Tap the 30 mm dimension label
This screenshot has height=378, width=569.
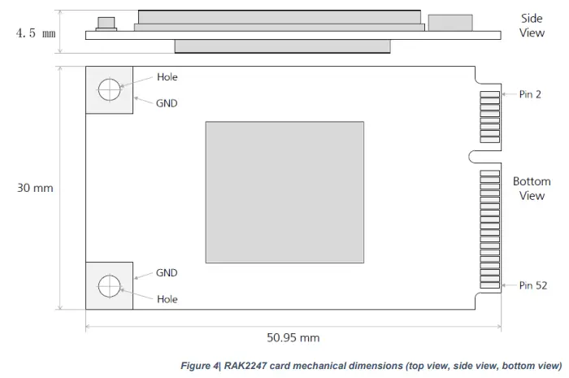coord(35,188)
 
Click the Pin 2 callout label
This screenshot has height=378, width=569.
coord(530,94)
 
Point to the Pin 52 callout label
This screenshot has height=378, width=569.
coord(532,285)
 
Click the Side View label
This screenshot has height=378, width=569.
coord(532,25)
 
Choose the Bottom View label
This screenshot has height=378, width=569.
coord(532,188)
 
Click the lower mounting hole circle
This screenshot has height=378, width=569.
coord(109,286)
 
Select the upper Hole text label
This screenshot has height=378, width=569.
coord(167,77)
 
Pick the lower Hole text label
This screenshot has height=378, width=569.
coord(167,298)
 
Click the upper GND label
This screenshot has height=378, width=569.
coord(167,103)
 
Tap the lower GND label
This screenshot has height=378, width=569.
coord(167,273)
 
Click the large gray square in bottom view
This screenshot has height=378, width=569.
coord(284,192)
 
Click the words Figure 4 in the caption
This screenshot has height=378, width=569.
coord(199,366)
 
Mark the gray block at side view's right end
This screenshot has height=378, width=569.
coord(450,23)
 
